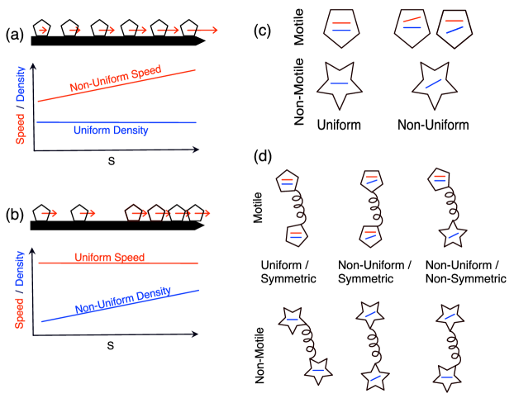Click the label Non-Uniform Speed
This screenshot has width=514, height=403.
pos(115,79)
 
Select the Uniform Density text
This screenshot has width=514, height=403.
pos(111,130)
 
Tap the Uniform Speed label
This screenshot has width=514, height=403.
pos(110,258)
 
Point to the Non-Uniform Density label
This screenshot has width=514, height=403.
pos(123,301)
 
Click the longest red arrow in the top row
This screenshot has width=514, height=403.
pos(202,31)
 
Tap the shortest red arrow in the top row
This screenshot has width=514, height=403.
pos(43,31)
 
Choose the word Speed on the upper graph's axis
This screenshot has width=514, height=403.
pos(21,127)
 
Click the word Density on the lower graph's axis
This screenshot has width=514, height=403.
pos(21,268)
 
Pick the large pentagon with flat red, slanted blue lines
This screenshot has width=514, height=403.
pos(455,27)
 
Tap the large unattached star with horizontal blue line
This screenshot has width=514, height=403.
pos(339,83)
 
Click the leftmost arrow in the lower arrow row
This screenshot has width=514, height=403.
pos(50,213)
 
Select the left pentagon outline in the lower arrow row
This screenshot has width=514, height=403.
pos(133,212)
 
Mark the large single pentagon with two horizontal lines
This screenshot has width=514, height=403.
pos(342,27)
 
